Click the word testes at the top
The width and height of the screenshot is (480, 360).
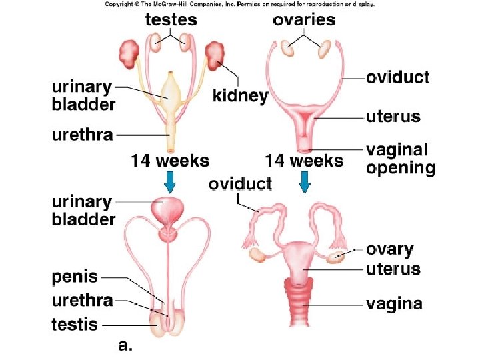click(171, 19)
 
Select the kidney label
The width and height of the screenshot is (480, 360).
click(240, 96)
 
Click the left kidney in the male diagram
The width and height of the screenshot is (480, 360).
click(129, 51)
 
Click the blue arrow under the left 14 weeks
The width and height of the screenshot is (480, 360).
click(170, 181)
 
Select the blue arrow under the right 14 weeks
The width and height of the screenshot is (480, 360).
click(304, 181)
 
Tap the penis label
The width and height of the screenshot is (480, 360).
click(74, 277)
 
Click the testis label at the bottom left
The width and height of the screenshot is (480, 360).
click(75, 325)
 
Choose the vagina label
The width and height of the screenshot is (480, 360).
click(394, 305)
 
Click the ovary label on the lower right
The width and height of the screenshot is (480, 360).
click(390, 250)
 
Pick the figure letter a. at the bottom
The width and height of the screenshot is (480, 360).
click(125, 345)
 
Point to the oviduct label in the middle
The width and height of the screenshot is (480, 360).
click(240, 184)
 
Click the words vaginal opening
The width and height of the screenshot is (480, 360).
click(400, 159)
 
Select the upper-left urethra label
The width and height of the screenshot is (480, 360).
click(82, 135)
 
